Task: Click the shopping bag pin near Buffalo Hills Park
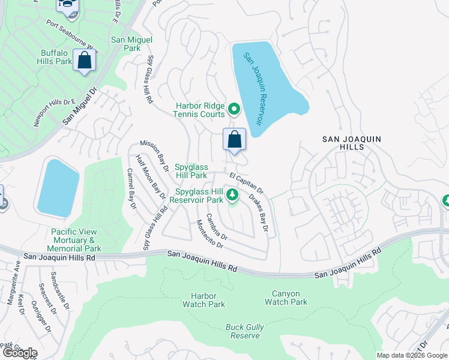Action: pos(84,61)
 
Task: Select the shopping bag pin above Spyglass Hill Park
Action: pos(234,140)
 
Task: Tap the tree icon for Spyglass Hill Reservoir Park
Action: pos(232,196)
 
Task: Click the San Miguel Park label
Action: pos(132,44)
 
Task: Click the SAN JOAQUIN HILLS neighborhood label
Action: pos(351,143)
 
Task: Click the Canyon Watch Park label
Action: pos(286,298)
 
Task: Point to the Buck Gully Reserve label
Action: pos(243,331)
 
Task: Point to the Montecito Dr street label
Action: pos(209,235)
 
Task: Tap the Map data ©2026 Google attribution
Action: pos(412,355)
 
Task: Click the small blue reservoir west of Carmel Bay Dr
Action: pos(58,188)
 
